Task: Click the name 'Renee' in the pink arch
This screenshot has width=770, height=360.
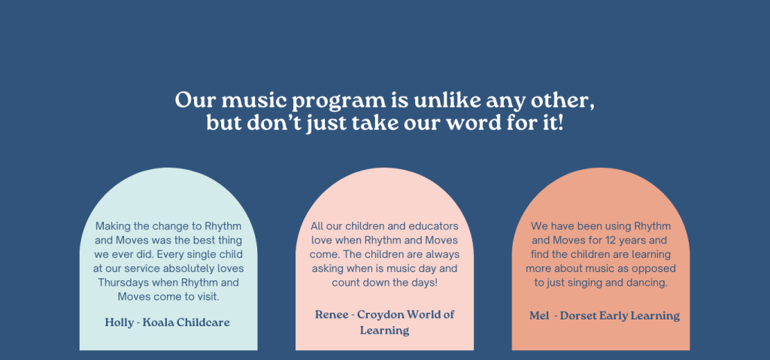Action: (332, 315)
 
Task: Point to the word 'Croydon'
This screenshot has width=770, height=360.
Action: (379, 315)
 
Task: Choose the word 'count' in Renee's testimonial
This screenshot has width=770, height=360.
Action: (344, 283)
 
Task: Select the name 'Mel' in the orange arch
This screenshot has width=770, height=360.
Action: (538, 316)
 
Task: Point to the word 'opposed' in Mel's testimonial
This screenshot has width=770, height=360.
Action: (656, 269)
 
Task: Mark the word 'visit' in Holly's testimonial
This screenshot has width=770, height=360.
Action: (208, 297)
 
